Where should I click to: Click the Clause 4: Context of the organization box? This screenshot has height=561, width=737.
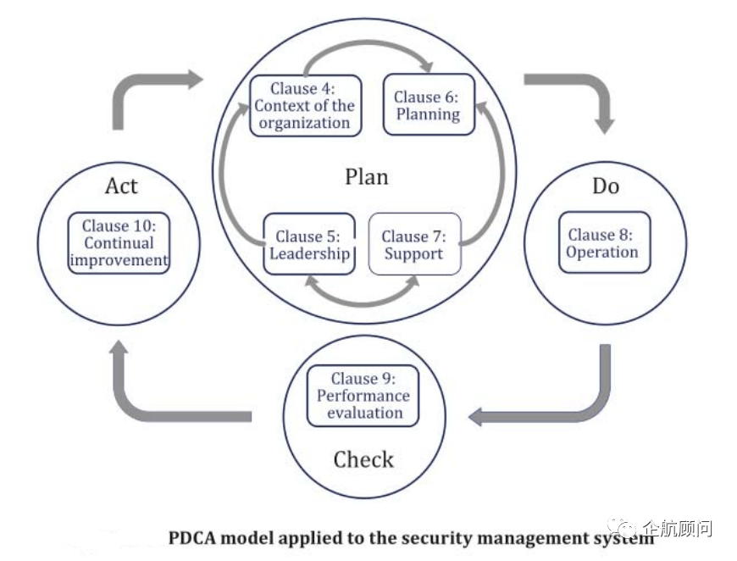(305, 106)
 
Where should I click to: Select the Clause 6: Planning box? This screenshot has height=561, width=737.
(427, 106)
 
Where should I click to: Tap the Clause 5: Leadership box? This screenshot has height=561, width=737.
(309, 244)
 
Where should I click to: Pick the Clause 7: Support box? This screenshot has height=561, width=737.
(414, 244)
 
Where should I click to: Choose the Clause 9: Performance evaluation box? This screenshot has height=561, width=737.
(363, 396)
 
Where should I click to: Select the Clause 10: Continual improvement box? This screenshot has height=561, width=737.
(119, 242)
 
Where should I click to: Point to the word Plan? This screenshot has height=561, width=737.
(367, 176)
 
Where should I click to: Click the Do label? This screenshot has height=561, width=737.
(605, 186)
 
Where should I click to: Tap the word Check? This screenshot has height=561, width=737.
(363, 460)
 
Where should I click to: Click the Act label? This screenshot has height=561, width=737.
(121, 186)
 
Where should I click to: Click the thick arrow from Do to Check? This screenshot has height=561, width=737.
(585, 407)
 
